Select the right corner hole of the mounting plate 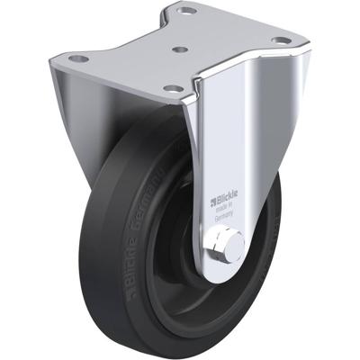(281, 40)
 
